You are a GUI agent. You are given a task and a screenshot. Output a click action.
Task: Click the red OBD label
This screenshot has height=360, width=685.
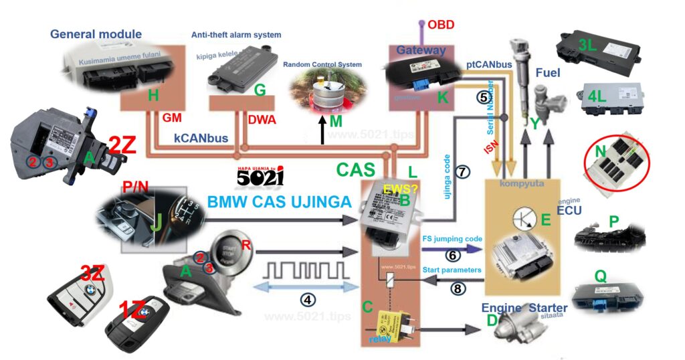[441, 25]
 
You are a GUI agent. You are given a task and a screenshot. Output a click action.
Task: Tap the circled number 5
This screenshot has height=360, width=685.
[482, 96]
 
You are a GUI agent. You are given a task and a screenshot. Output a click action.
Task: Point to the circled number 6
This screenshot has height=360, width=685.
[452, 255]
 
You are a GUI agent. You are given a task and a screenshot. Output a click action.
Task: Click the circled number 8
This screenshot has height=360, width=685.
[457, 290]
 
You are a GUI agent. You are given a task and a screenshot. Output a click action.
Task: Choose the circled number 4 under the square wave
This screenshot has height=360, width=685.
[308, 299]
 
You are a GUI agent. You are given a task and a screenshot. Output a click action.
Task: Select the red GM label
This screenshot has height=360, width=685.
[173, 117]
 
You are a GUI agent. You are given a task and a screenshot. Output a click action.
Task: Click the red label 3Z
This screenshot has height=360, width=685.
[92, 273]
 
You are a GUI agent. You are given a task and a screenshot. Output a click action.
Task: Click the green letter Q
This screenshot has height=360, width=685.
[600, 276]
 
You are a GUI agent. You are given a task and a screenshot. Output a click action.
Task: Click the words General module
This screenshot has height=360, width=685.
[96, 34]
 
